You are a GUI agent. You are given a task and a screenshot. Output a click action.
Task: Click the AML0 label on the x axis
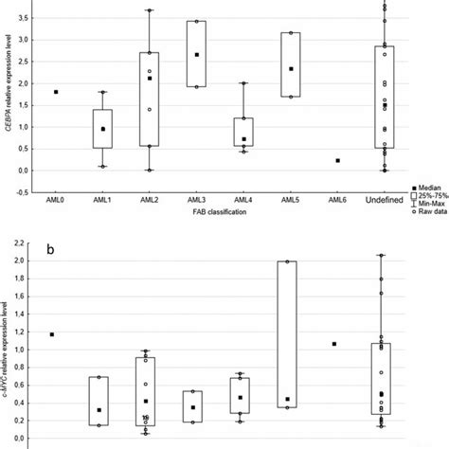point(56,201)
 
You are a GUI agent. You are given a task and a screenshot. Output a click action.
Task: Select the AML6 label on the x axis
point(337,201)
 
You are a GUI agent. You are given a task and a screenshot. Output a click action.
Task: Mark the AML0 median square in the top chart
point(56,92)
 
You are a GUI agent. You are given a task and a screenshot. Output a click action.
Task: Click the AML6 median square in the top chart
point(337,161)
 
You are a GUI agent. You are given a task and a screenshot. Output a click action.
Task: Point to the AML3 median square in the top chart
point(196,55)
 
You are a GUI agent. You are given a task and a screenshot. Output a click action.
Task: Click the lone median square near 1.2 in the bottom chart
point(52,334)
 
